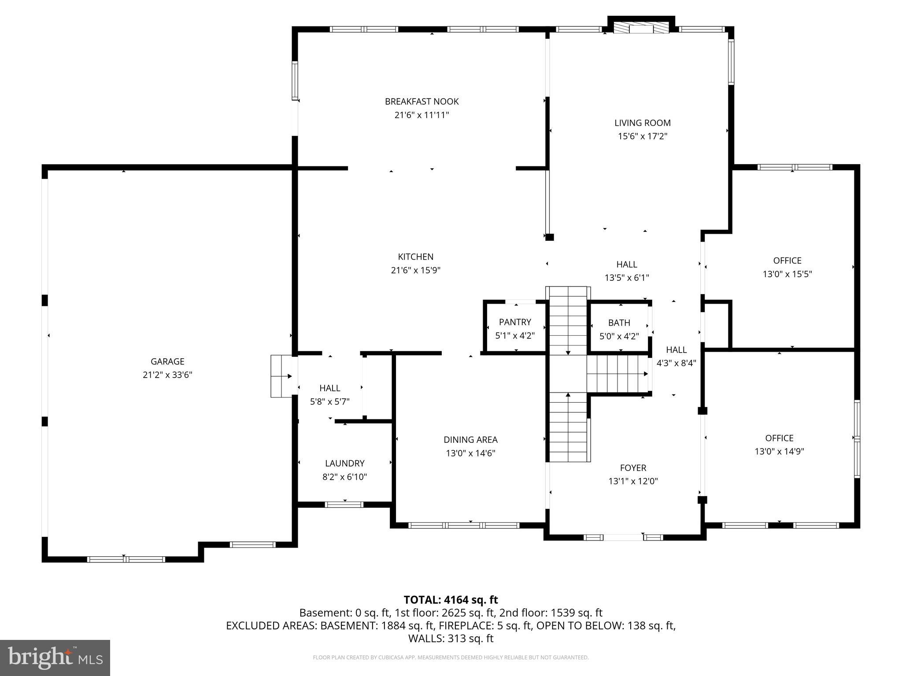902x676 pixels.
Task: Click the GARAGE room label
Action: pyautogui.click(x=167, y=361)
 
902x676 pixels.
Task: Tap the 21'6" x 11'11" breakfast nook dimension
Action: pyautogui.click(x=421, y=115)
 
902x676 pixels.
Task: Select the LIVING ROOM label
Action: pyautogui.click(x=642, y=123)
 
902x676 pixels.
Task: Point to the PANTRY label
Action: pyautogui.click(x=515, y=322)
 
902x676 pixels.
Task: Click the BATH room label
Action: pyautogui.click(x=619, y=323)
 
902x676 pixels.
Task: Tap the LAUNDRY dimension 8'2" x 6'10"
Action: pyautogui.click(x=344, y=477)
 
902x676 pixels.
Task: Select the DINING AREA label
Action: pyautogui.click(x=470, y=439)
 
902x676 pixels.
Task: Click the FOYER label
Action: pyautogui.click(x=633, y=468)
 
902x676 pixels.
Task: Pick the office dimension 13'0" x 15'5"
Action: pyautogui.click(x=787, y=274)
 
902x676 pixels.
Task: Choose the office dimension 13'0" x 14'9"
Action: pyautogui.click(x=779, y=451)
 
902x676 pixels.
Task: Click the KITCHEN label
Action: pyautogui.click(x=415, y=257)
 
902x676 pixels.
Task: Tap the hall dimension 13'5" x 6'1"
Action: pyautogui.click(x=626, y=278)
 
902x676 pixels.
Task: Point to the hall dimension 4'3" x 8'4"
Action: pyautogui.click(x=676, y=363)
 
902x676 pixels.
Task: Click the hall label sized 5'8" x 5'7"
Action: pyautogui.click(x=329, y=388)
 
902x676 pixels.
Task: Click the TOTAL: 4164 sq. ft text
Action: pyautogui.click(x=451, y=600)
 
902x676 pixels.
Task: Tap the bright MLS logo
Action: pyautogui.click(x=55, y=658)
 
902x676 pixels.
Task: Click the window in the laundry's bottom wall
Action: pyautogui.click(x=344, y=504)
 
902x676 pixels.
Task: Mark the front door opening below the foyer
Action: pyautogui.click(x=623, y=537)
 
